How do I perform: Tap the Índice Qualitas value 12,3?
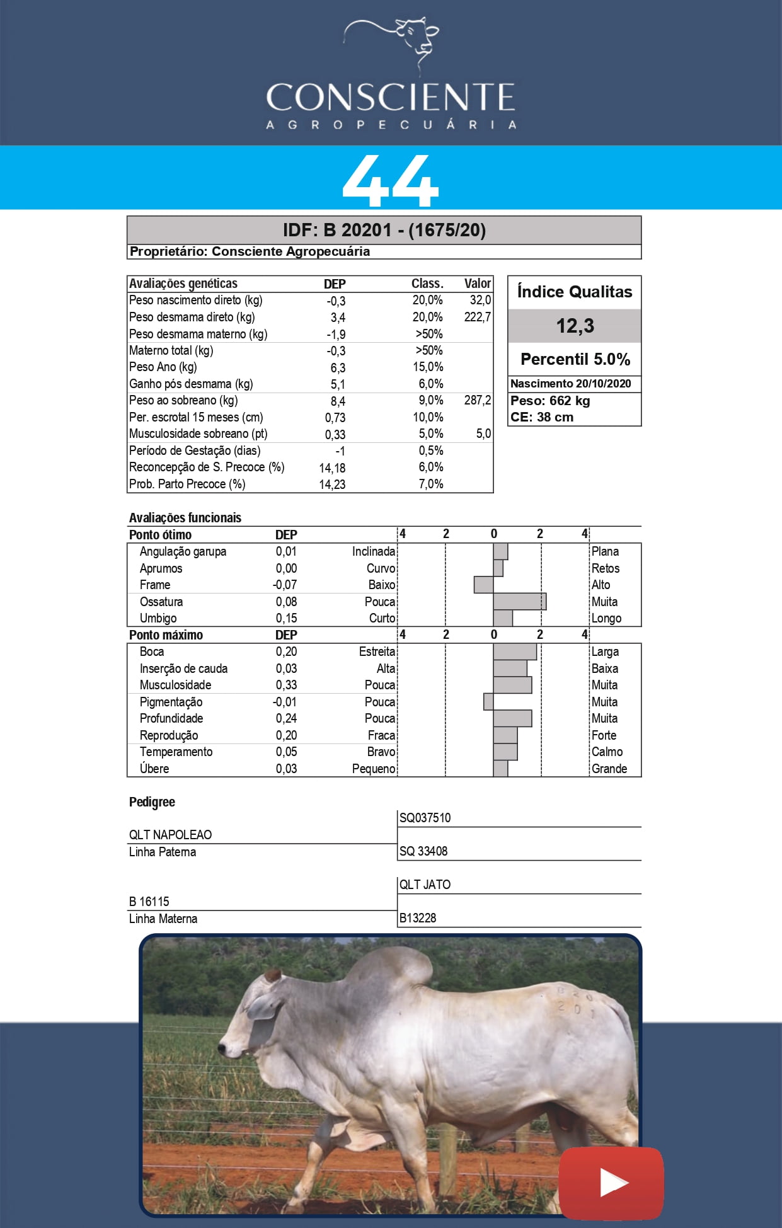[x=575, y=326]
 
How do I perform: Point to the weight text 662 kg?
[x=566, y=401]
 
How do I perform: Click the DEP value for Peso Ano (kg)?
[x=338, y=367]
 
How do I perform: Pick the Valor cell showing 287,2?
[x=477, y=400]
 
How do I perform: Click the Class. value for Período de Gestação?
[x=431, y=450]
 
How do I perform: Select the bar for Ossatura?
[x=519, y=602]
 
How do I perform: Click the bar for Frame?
[x=483, y=585]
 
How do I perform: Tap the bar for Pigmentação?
[x=488, y=702]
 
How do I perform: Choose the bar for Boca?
[x=515, y=651]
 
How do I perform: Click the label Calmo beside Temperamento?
[x=607, y=752]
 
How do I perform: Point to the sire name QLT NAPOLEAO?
[x=170, y=835]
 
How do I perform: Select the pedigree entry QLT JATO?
[x=425, y=885]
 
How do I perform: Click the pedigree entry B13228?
[x=418, y=918]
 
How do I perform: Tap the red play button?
[x=611, y=1183]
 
